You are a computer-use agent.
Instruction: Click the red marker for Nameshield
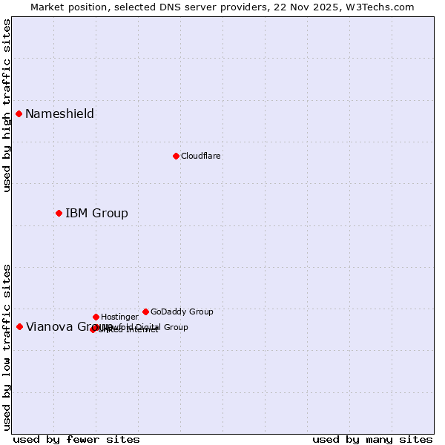[19, 113]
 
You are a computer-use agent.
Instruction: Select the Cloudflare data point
[176, 156]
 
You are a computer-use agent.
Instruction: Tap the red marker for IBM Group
[59, 213]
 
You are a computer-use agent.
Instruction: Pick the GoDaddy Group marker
[145, 311]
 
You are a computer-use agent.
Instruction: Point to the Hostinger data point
[96, 317]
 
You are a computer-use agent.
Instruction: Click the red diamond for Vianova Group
[19, 326]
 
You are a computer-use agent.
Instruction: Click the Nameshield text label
[59, 113]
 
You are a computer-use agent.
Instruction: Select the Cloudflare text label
[201, 156]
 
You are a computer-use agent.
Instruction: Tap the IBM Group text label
[96, 213]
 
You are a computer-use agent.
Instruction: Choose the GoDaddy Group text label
[182, 311]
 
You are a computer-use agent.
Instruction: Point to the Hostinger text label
[119, 317]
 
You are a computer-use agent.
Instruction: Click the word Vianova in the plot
[49, 326]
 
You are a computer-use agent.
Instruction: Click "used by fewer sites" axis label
[76, 439]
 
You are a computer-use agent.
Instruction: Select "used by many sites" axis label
[372, 439]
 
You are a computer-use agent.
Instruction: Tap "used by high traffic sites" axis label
[7, 105]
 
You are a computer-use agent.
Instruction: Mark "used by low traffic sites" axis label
[7, 346]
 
